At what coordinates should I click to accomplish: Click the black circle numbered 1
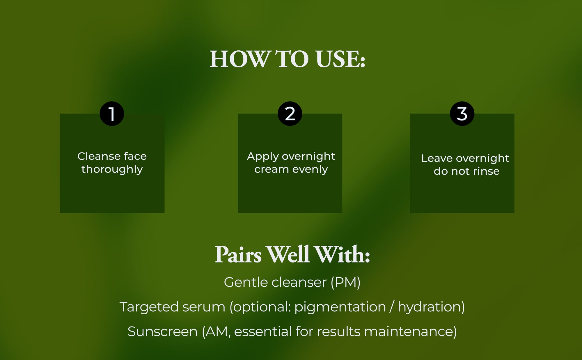click(112, 114)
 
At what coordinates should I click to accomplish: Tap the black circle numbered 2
click(290, 114)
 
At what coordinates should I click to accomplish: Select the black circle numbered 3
click(462, 114)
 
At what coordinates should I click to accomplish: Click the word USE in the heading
click(340, 59)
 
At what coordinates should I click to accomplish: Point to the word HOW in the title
click(239, 59)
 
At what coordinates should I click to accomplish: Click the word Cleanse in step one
click(99, 156)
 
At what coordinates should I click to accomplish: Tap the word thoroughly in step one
click(112, 169)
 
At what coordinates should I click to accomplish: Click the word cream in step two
click(272, 169)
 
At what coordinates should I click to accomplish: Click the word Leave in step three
click(437, 158)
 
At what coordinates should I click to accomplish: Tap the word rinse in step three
click(485, 171)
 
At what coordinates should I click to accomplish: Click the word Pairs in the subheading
click(238, 254)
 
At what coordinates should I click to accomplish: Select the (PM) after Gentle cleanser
click(345, 283)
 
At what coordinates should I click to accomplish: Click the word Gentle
click(246, 282)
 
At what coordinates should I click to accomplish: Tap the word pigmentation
click(340, 307)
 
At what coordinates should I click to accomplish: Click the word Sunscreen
click(163, 331)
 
